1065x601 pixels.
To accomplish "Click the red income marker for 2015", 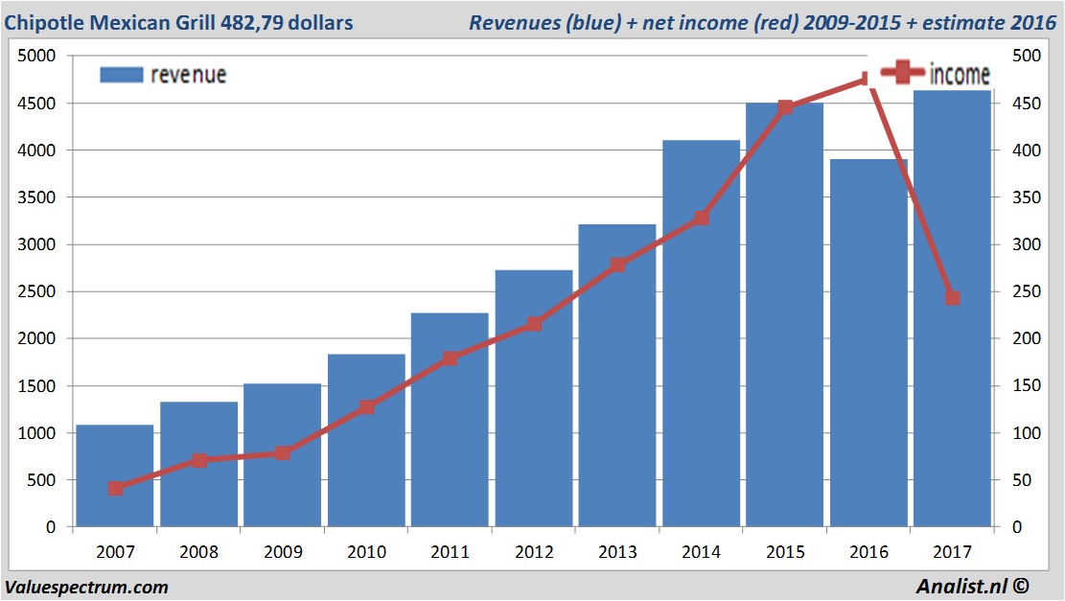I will [785, 107].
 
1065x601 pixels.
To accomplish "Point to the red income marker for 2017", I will [952, 298].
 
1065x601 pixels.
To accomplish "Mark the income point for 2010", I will [366, 407].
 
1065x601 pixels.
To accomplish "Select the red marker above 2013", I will [617, 265].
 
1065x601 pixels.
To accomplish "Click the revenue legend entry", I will [164, 75].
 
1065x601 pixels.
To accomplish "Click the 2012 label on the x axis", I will [533, 552].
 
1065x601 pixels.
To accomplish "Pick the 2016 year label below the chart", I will [868, 552].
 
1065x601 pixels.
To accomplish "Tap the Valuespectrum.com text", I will [86, 587].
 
